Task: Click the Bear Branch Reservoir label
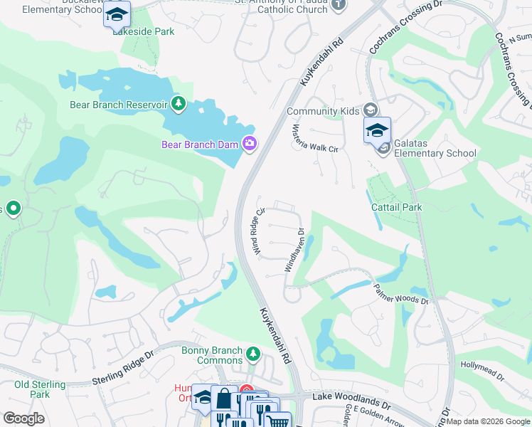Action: (117, 105)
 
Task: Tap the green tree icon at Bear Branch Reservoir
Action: (179, 105)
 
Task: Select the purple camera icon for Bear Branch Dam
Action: (249, 144)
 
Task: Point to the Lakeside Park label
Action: (149, 31)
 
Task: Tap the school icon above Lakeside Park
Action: (117, 14)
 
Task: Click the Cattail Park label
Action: (396, 207)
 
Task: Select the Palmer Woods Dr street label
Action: (401, 292)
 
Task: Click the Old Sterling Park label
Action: (40, 389)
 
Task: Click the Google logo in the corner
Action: (23, 418)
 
